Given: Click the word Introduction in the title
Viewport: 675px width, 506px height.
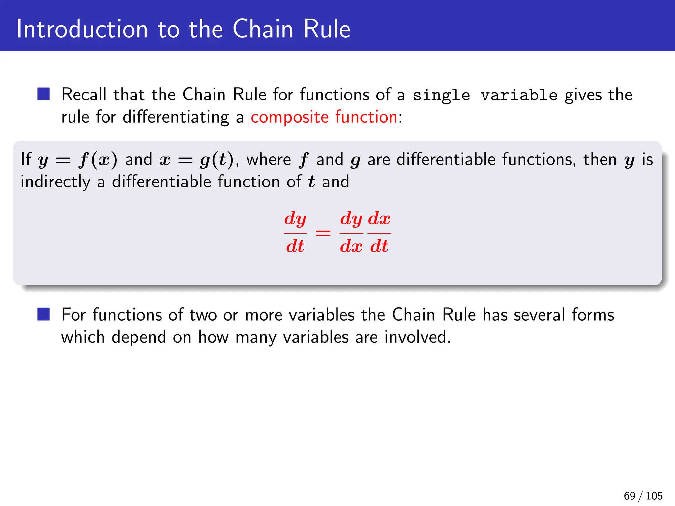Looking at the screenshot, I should click(x=82, y=29).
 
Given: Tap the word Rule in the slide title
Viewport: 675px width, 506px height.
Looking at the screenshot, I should click(x=327, y=29).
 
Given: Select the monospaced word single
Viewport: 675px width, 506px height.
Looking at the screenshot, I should click(x=441, y=95).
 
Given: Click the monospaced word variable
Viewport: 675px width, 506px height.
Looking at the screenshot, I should click(x=519, y=95).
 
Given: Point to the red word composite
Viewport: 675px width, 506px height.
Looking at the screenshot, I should click(x=290, y=117).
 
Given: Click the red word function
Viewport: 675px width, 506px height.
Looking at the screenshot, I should click(x=366, y=117).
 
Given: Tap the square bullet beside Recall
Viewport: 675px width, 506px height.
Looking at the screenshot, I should click(x=44, y=94).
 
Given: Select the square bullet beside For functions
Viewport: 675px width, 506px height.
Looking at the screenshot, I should click(x=44, y=314).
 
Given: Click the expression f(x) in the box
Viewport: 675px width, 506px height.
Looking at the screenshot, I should click(x=98, y=160).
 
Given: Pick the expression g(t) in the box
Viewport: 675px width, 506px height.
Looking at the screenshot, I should click(x=217, y=160).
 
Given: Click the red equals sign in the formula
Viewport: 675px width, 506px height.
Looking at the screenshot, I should click(x=323, y=233).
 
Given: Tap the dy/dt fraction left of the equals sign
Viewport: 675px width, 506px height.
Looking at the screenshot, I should click(x=295, y=233).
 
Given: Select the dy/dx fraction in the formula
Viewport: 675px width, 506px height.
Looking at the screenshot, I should click(x=351, y=233).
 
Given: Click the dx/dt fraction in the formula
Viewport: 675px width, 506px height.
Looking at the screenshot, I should click(x=379, y=233).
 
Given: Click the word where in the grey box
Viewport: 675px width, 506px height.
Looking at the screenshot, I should click(x=269, y=160).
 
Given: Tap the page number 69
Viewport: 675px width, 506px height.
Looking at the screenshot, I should click(x=630, y=496).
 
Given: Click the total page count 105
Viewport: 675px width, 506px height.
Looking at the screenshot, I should click(x=654, y=496).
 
